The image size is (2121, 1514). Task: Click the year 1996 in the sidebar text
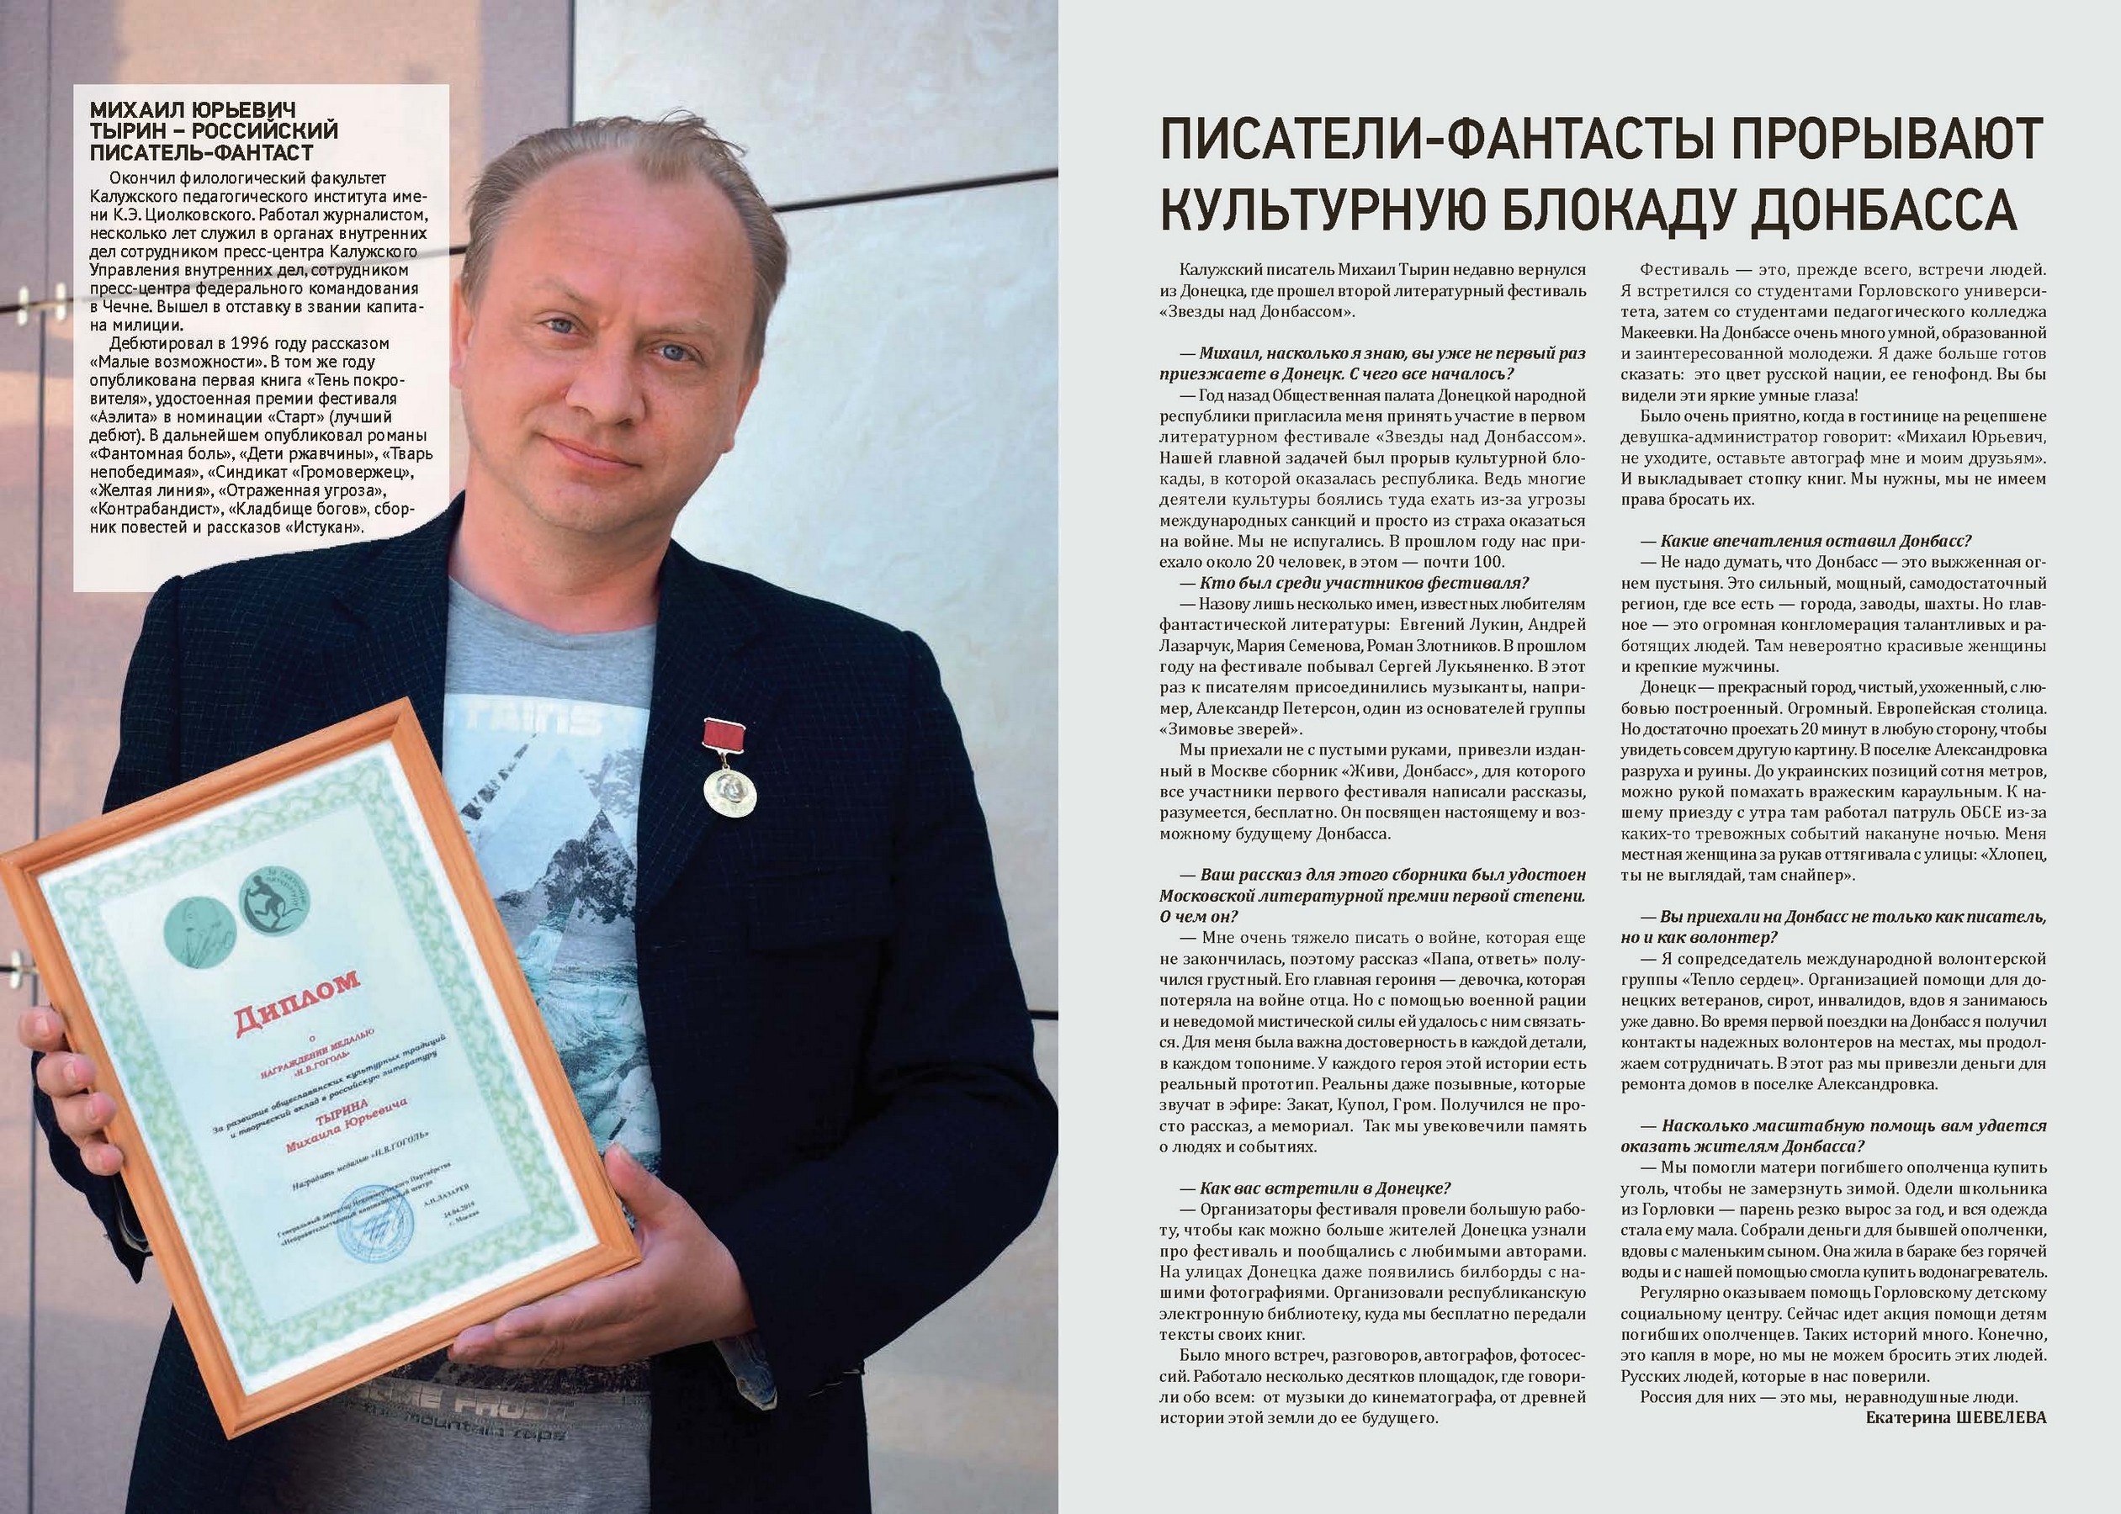coord(247,343)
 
